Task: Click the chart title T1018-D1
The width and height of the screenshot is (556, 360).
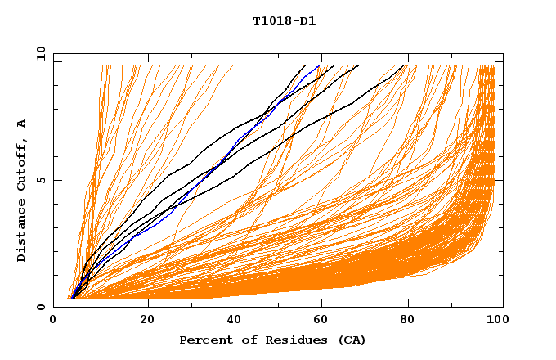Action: [x=284, y=20]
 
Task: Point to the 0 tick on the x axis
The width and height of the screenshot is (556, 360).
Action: [x=54, y=319]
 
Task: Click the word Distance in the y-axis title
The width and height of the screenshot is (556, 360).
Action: [x=21, y=232]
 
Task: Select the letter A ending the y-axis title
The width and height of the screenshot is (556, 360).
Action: [x=21, y=124]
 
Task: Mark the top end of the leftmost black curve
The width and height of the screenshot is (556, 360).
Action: [x=305, y=65]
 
